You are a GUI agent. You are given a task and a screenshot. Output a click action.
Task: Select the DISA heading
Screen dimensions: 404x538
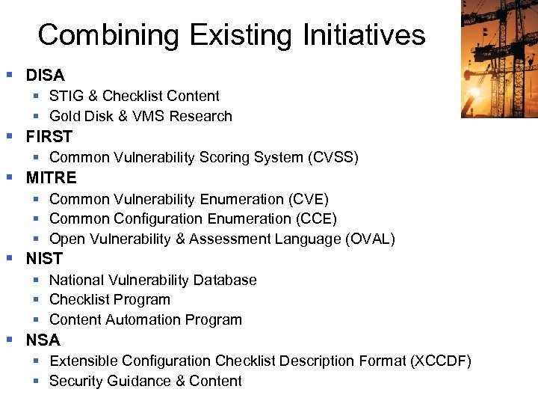(x=45, y=75)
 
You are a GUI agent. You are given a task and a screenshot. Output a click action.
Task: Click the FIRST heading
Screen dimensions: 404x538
(x=49, y=136)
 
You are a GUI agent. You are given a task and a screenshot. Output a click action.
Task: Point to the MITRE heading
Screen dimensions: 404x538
(x=51, y=177)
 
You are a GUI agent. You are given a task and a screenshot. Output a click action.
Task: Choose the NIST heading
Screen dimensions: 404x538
(x=44, y=258)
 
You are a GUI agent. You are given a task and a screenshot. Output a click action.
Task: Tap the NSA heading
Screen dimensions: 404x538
(x=43, y=340)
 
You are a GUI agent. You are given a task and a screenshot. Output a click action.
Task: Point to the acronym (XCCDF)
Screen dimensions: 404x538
(x=440, y=361)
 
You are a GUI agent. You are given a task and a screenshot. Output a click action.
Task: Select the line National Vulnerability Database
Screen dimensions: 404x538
(x=152, y=280)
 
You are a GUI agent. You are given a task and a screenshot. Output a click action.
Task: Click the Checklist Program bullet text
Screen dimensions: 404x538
(x=109, y=299)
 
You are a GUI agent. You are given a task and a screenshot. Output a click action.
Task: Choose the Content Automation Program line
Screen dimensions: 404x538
(x=145, y=319)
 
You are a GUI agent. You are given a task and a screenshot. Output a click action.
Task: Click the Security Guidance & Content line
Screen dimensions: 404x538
(x=145, y=381)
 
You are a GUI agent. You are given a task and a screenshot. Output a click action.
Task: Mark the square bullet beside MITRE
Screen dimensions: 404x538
(x=10, y=177)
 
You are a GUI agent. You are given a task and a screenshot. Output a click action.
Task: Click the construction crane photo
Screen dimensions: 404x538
(x=498, y=58)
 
